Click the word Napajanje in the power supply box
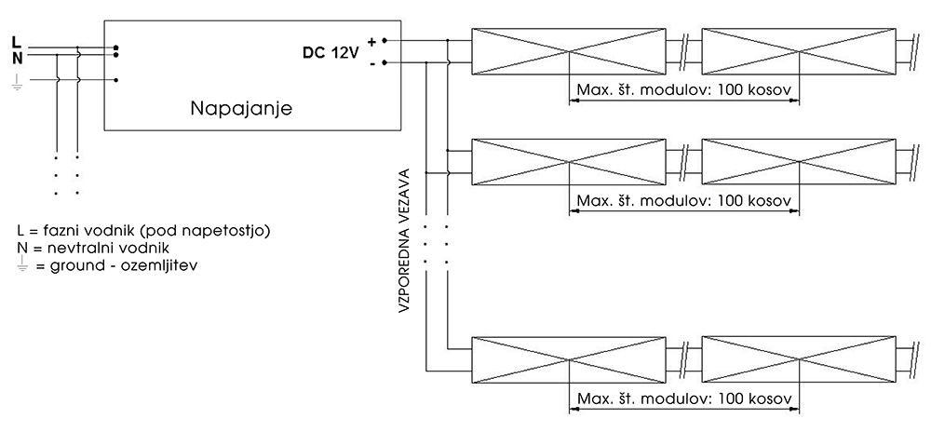point(242,109)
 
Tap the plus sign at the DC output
point(371,41)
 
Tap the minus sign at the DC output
point(371,63)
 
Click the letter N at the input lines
point(16,56)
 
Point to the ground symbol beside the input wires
point(16,87)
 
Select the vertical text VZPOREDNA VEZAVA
point(405,243)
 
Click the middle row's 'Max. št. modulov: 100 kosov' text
point(683,201)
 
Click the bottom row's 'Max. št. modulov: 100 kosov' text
point(683,399)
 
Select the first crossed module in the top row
point(569,52)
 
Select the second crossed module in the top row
point(798,52)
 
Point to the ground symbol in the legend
point(22,264)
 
